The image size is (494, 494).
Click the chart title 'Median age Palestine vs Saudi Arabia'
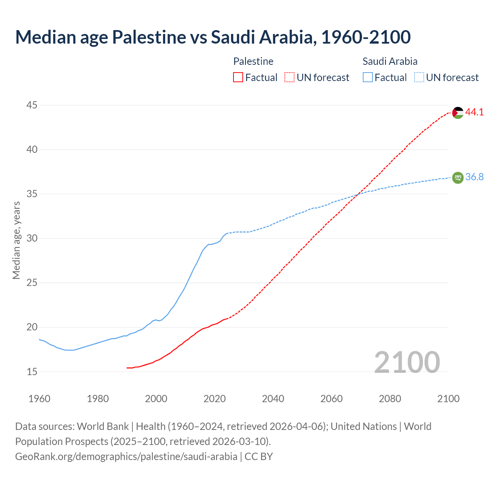(213, 37)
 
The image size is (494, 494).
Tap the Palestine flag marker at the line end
(458, 113)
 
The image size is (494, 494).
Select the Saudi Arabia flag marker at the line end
(458, 178)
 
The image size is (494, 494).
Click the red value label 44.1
(474, 112)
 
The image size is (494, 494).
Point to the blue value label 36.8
(474, 177)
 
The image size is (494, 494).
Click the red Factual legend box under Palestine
(238, 78)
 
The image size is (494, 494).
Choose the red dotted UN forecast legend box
(289, 78)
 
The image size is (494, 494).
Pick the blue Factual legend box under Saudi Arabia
(368, 78)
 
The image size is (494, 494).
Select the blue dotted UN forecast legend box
(419, 78)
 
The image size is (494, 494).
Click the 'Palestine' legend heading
(253, 61)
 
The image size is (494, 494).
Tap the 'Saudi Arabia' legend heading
(390, 61)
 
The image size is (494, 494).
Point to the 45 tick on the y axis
(32, 105)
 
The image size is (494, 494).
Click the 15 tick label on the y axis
(32, 372)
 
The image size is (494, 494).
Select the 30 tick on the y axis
(32, 239)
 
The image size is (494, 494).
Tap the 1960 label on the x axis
(39, 399)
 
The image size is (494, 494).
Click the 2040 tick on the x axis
(273, 399)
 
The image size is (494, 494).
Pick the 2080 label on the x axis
(390, 399)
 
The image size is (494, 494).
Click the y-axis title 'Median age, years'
(16, 240)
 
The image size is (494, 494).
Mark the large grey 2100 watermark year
(407, 362)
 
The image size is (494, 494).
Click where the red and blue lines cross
(357, 195)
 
